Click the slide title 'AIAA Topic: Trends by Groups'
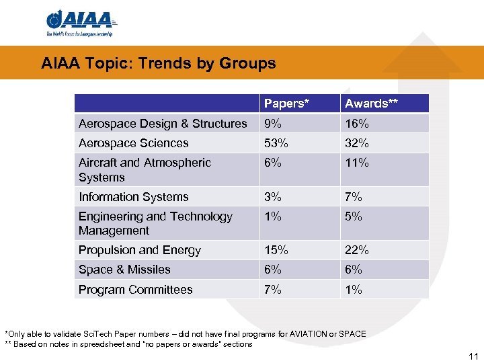[x=158, y=64]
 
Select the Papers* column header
[x=286, y=104]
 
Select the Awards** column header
[x=366, y=104]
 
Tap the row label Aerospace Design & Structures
[x=163, y=124]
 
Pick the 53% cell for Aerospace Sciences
[x=276, y=143]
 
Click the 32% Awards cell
[x=356, y=143]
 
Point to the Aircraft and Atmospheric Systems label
[x=145, y=170]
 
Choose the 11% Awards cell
[x=356, y=163]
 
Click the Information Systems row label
[x=133, y=197]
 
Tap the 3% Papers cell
[x=273, y=197]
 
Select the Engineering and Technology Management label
[x=155, y=223]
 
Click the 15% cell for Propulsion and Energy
[x=276, y=250]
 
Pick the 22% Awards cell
[x=356, y=250]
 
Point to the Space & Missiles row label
[x=124, y=270]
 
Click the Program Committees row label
[x=135, y=290]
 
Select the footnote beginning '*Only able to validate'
[x=186, y=334]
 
